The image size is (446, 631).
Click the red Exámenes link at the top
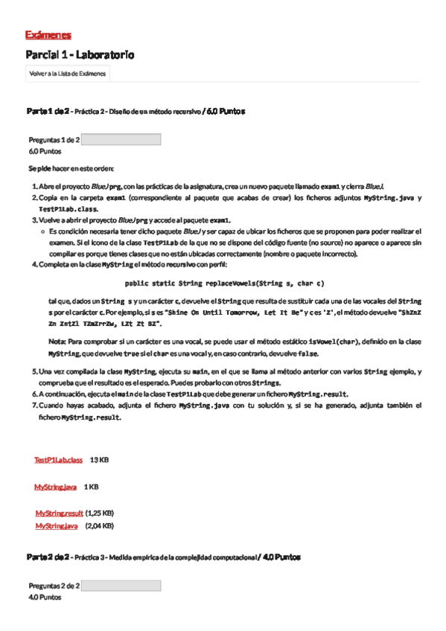coord(48,35)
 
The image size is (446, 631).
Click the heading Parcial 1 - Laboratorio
coord(80,55)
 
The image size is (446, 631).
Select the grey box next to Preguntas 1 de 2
coord(121,139)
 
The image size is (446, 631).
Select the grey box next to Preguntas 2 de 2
coord(121,586)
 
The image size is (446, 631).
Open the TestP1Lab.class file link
coord(58,461)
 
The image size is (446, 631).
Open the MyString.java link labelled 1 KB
coord(55,487)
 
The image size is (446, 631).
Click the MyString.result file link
coord(59,513)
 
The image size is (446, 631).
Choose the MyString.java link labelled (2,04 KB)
coord(57,526)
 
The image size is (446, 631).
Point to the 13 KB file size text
coord(99,461)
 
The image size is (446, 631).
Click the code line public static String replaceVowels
coord(224,284)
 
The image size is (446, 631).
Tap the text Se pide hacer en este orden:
coord(71,169)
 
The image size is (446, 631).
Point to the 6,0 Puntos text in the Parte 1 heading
coord(226,111)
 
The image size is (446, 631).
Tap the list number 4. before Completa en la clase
coord(34,264)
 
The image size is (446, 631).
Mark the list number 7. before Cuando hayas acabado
coord(34,406)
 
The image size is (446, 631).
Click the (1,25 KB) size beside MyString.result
coord(99,513)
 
